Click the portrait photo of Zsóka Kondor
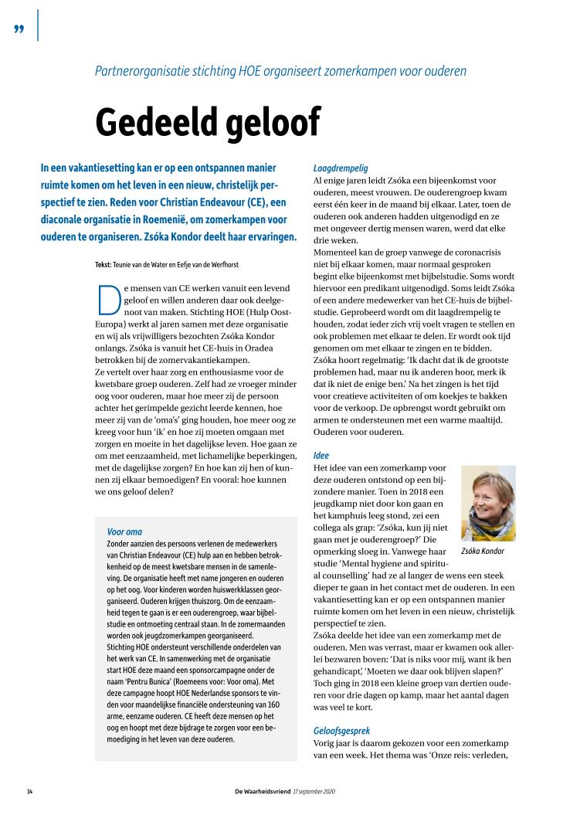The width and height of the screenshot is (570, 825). click(488, 502)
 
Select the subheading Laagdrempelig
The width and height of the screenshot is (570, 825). click(341, 168)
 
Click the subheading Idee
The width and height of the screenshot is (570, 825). click(321, 456)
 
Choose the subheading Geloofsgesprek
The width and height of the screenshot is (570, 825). click(341, 708)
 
